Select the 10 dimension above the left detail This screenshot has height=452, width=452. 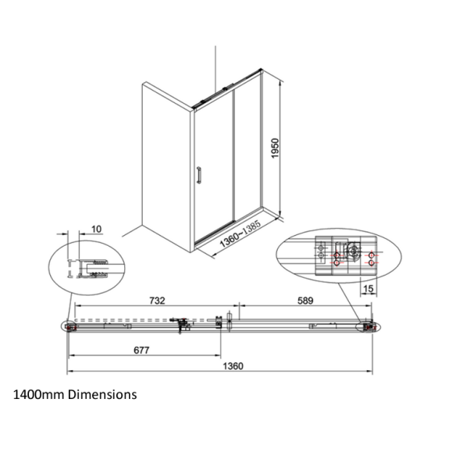pyautogui.click(x=96, y=229)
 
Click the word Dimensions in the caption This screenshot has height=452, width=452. pyautogui.click(x=101, y=394)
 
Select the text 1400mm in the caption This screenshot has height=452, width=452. pyautogui.click(x=37, y=394)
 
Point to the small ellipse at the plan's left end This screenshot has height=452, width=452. pyautogui.click(x=70, y=328)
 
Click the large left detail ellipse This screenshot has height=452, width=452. pyautogui.click(x=82, y=269)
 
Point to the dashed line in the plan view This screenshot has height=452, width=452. pyautogui.click(x=133, y=320)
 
